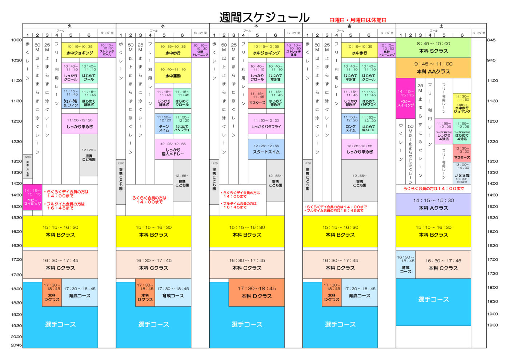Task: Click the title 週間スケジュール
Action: (x=264, y=17)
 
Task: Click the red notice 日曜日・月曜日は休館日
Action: (x=357, y=20)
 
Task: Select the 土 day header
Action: (x=441, y=26)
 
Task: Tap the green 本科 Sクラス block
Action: (x=433, y=48)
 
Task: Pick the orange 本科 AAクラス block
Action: (x=433, y=68)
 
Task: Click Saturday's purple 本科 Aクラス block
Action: (x=433, y=204)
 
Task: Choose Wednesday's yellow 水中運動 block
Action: (x=173, y=73)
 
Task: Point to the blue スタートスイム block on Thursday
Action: (x=266, y=149)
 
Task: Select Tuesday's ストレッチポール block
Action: (x=107, y=50)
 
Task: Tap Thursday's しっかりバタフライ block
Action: (x=266, y=124)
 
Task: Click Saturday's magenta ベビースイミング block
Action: (x=405, y=98)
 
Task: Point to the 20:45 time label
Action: (x=16, y=345)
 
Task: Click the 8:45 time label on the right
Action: (x=491, y=40)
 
